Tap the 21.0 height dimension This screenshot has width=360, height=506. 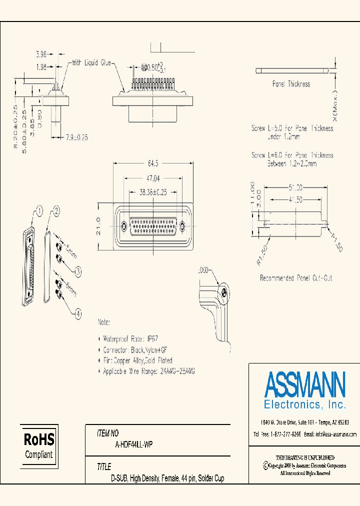(x=99, y=226)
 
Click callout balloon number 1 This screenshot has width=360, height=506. (x=39, y=209)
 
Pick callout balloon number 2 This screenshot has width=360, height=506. (x=56, y=210)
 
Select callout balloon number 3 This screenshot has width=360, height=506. (x=78, y=271)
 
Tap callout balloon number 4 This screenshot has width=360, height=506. (x=77, y=314)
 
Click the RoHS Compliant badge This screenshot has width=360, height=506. (x=39, y=445)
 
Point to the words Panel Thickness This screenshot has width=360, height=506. (x=291, y=84)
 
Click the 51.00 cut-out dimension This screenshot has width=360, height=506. (x=295, y=187)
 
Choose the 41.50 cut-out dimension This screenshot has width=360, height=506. (x=295, y=199)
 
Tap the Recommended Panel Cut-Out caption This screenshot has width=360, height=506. (x=296, y=278)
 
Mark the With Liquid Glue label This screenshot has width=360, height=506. (x=91, y=63)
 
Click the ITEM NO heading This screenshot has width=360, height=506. (x=108, y=433)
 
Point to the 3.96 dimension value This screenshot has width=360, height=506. (x=41, y=54)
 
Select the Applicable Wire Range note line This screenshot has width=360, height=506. (x=148, y=371)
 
